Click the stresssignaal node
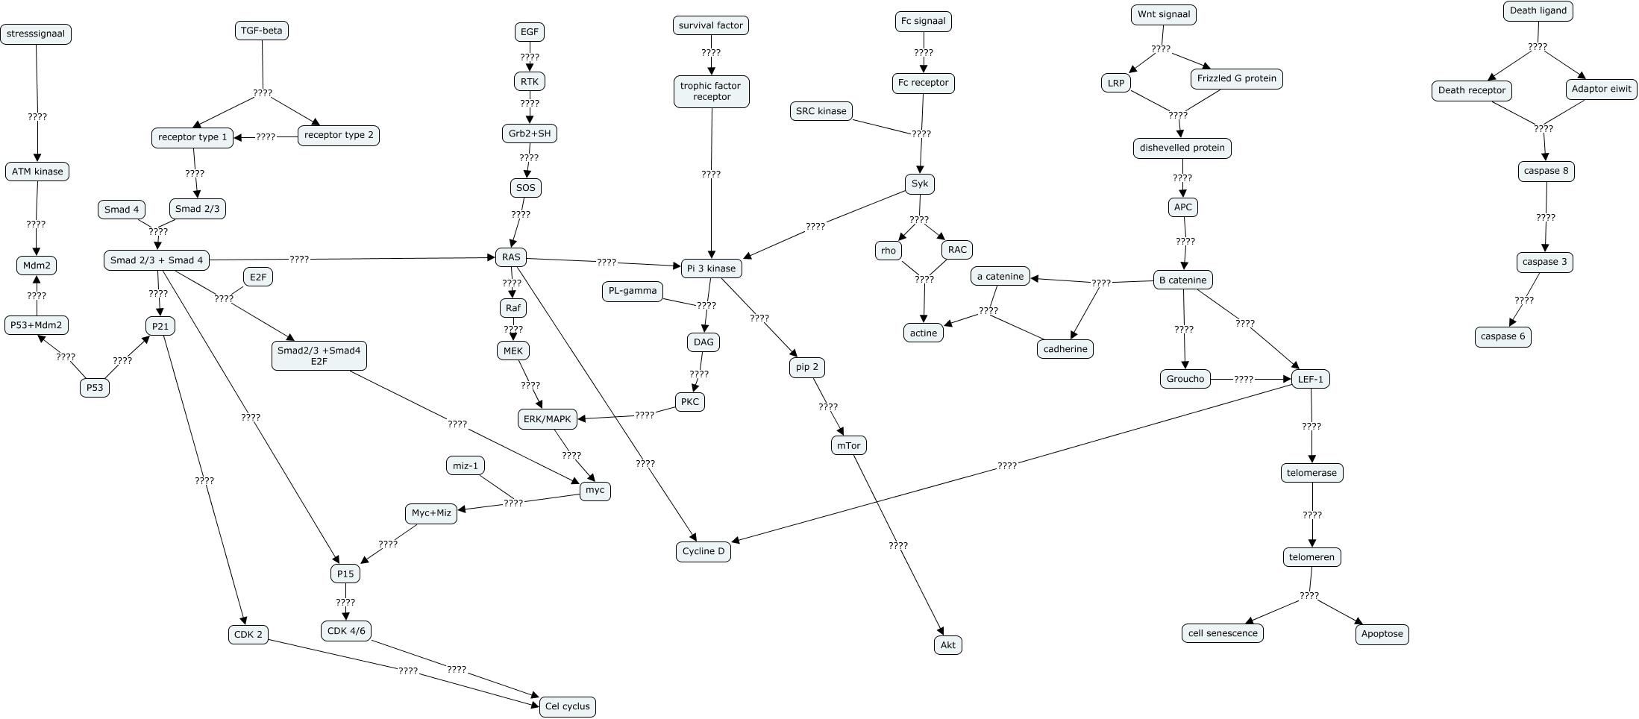37,34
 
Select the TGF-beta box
261,31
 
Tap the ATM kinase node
37,172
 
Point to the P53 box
95,388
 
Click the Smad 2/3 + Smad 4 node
157,260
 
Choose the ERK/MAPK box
547,419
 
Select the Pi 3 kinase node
711,269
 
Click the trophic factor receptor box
711,91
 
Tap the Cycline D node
703,552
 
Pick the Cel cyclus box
567,706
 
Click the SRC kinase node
821,111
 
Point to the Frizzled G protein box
1236,78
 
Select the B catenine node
1182,280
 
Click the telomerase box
1311,473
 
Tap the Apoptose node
1382,634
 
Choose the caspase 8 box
1546,171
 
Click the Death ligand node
1538,11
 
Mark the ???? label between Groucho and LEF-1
1243,379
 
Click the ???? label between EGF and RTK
530,57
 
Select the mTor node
848,446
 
